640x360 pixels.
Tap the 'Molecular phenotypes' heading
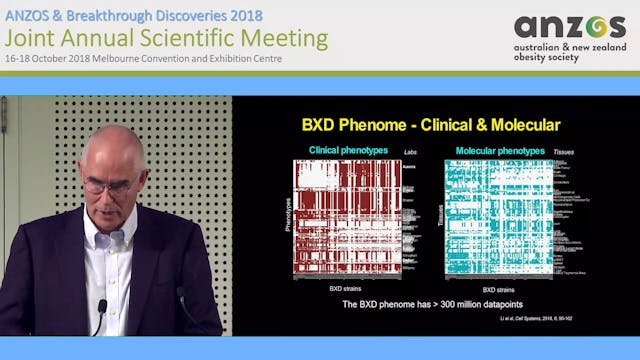pos(500,151)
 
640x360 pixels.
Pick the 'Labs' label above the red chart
pos(409,152)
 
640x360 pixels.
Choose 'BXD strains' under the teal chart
pos(493,287)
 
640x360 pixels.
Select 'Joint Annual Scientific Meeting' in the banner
pos(166,38)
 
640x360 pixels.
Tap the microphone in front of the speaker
pos(101,309)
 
